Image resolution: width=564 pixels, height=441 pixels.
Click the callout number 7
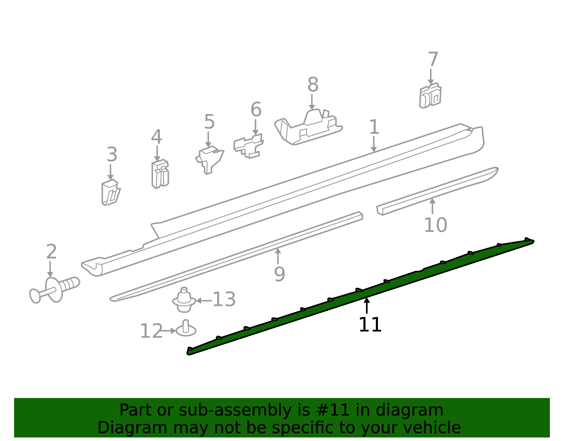[x=433, y=60]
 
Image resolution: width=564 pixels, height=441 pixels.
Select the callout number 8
[x=313, y=84]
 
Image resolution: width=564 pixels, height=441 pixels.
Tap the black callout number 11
[x=370, y=324]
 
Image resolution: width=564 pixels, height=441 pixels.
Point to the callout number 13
[x=224, y=299]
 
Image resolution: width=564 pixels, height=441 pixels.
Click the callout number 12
[x=151, y=331]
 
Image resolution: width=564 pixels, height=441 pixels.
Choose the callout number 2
[x=51, y=251]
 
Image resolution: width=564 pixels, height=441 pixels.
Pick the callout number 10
[x=436, y=225]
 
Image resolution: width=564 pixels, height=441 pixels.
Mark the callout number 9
[x=280, y=274]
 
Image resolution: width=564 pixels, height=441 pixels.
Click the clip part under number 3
[x=111, y=192]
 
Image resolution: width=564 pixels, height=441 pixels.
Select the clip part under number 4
[x=160, y=174]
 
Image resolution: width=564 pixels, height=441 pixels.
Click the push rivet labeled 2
[x=55, y=290]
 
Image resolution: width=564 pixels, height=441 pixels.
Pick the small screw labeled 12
[x=186, y=328]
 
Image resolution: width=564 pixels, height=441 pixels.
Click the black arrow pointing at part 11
[x=367, y=306]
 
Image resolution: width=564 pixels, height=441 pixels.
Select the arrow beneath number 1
[x=374, y=144]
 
